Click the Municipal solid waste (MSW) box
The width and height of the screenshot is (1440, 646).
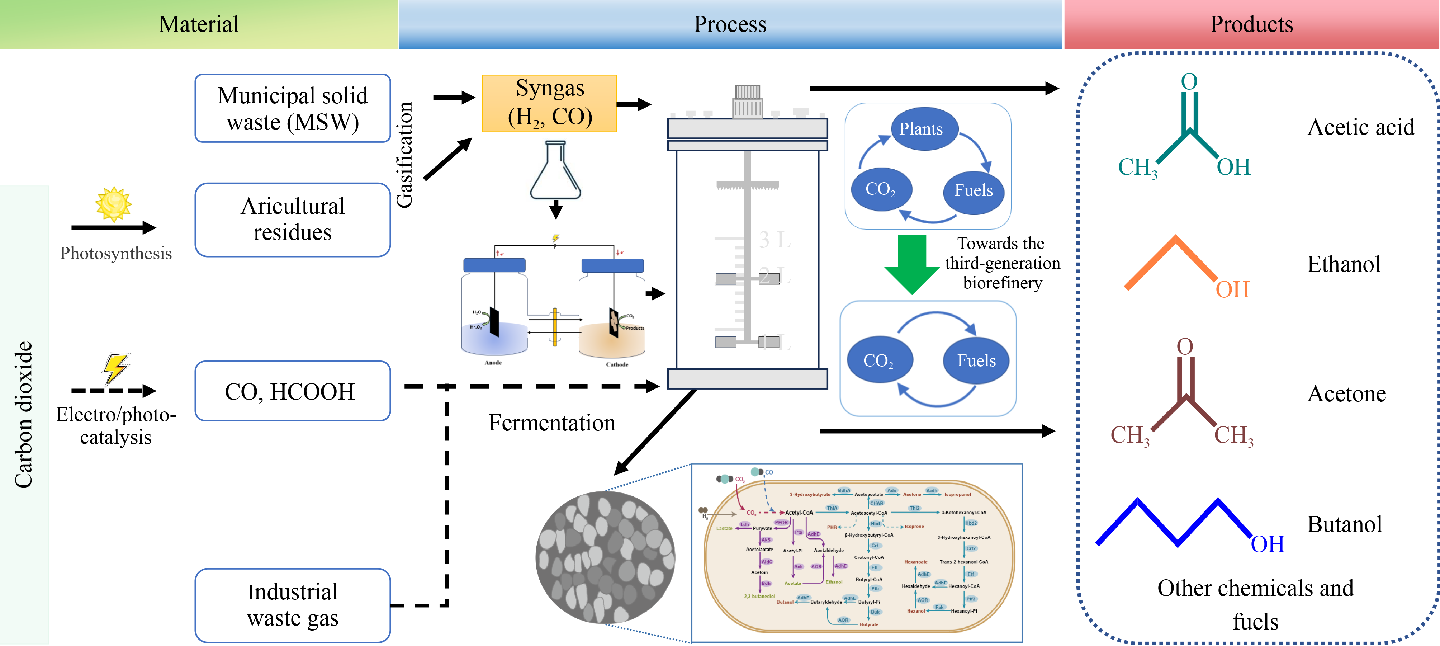pos(292,109)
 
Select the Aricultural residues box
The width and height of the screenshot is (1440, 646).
pos(292,219)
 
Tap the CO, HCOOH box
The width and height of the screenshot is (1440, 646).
pos(292,391)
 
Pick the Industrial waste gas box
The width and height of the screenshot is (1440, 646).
pos(292,605)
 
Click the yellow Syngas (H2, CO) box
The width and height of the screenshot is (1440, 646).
pos(550,103)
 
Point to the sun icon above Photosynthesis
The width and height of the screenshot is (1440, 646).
pos(113,204)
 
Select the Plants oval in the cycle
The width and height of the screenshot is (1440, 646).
pos(921,129)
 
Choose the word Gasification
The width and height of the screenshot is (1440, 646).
pos(404,155)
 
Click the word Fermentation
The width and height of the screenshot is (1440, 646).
pos(552,423)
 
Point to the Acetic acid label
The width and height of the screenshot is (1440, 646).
pos(1361,128)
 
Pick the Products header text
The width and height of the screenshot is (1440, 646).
pos(1251,24)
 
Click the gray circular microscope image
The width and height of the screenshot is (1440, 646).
pos(605,557)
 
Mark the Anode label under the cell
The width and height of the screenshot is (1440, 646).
pos(493,362)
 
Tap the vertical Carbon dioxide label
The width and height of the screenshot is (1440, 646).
pos(23,414)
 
